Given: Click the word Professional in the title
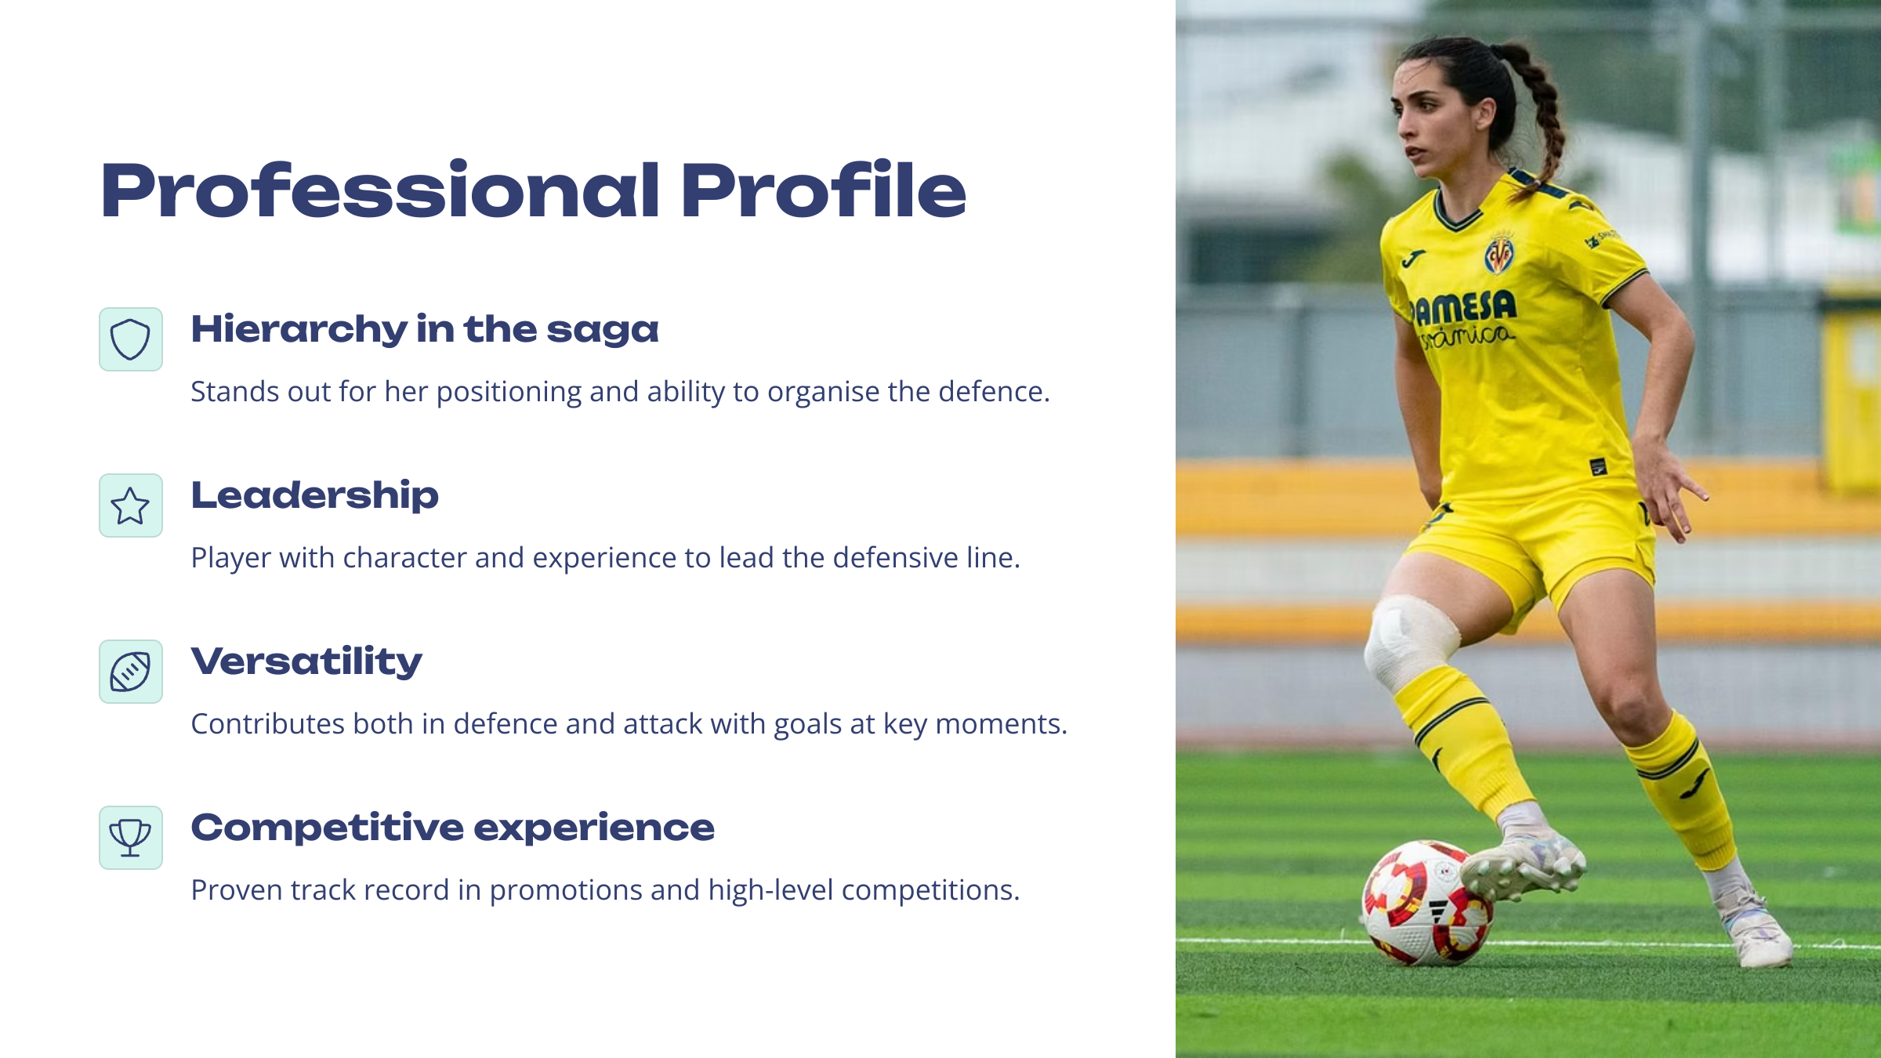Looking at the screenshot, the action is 381,190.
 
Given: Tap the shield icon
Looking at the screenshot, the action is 130,339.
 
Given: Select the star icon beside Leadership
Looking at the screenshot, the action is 130,505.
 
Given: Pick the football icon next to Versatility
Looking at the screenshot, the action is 130,672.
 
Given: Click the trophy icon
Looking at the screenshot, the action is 130,838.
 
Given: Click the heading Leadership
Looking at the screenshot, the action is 314,496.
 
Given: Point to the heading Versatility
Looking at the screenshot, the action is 306,662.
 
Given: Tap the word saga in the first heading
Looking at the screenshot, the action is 603,331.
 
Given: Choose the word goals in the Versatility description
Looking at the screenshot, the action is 804,725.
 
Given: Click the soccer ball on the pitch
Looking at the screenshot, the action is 1426,902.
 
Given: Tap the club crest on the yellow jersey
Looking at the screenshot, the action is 1499,253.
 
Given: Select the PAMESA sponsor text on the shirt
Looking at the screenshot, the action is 1463,307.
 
